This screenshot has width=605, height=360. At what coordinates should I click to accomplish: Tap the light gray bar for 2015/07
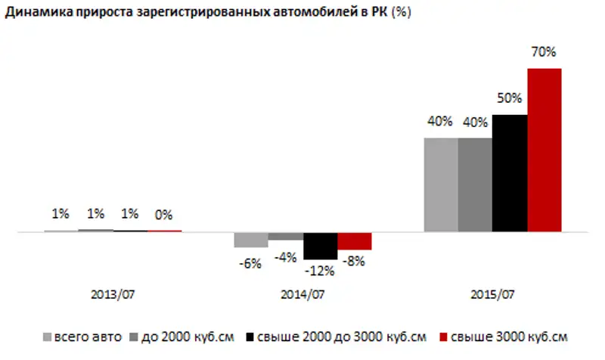pos(440,185)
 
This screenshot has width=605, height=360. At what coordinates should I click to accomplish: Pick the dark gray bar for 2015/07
pos(475,185)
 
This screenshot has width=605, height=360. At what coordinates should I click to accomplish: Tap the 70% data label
pos(544,52)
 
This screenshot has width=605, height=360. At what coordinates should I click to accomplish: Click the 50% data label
pos(509,98)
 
